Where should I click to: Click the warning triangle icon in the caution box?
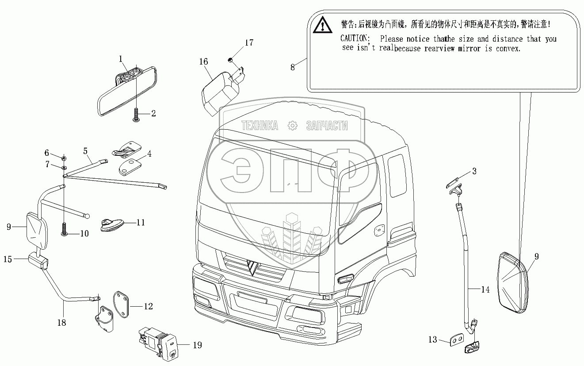point(322,25)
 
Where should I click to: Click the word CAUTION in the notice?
point(355,39)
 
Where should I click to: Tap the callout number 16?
point(203,62)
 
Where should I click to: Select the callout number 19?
point(197,345)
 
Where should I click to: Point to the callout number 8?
point(293,67)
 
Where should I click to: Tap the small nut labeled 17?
point(230,60)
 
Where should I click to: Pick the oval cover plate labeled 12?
point(121,304)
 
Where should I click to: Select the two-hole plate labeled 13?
point(457,339)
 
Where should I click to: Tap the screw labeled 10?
point(64,229)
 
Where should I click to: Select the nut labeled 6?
point(64,158)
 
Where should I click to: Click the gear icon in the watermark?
point(293,126)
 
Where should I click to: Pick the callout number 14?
point(485,289)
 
